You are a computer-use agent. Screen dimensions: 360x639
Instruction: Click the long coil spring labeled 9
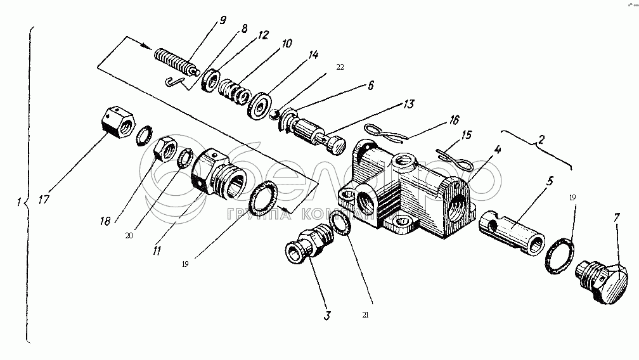click(174, 62)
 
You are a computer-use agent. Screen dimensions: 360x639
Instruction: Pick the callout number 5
click(550, 181)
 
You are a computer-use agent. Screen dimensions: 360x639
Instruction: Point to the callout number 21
click(365, 315)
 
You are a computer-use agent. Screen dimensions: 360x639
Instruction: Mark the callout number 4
click(498, 151)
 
